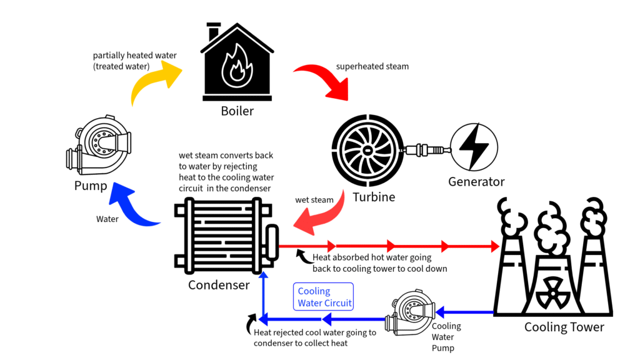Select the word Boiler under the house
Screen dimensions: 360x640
(x=237, y=112)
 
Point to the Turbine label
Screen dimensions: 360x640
(x=374, y=197)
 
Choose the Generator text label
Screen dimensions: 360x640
(x=476, y=182)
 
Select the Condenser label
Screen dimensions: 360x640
(x=219, y=285)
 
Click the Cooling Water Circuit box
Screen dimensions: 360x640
(x=323, y=297)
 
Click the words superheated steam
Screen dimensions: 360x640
(x=372, y=66)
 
